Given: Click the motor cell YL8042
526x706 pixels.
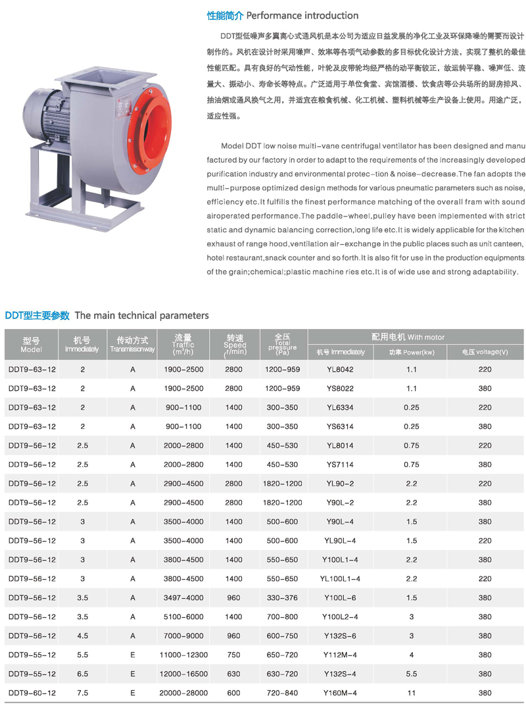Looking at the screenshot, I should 339,369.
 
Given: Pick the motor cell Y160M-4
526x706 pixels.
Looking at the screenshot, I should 339,693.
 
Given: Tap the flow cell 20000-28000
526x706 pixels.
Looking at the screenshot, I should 183,693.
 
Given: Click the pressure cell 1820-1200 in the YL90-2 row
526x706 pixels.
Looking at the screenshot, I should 283,484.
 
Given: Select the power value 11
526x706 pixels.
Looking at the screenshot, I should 412,693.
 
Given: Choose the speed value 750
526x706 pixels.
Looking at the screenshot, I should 233,655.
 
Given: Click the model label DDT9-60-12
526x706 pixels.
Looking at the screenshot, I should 32,693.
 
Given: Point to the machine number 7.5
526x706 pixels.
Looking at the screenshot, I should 82,693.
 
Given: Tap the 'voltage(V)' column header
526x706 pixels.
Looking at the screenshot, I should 485,352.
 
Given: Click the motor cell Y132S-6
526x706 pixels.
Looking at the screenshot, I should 339,636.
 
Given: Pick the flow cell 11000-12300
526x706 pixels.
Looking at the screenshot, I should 183,655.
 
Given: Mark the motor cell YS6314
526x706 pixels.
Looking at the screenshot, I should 339,426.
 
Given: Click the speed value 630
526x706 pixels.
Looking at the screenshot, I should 233,674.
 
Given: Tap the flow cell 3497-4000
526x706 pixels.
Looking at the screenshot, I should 183,598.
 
